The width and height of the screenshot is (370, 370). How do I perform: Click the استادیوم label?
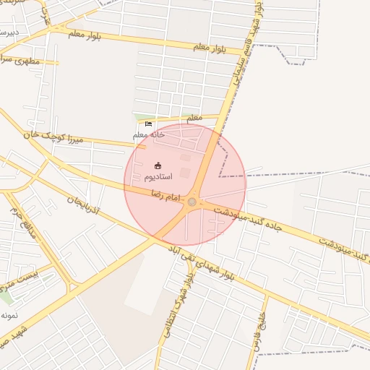click(x=158, y=177)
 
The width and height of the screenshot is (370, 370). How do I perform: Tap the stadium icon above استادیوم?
click(x=158, y=166)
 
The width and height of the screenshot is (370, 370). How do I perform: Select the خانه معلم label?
click(x=148, y=134)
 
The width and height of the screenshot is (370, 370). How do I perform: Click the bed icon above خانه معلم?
click(x=148, y=124)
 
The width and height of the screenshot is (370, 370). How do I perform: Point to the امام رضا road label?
click(x=165, y=193)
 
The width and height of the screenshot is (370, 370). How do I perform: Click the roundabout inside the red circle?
click(x=192, y=202)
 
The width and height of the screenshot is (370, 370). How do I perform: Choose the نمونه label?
click(x=9, y=316)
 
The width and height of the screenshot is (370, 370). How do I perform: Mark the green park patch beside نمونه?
click(x=6, y=297)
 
